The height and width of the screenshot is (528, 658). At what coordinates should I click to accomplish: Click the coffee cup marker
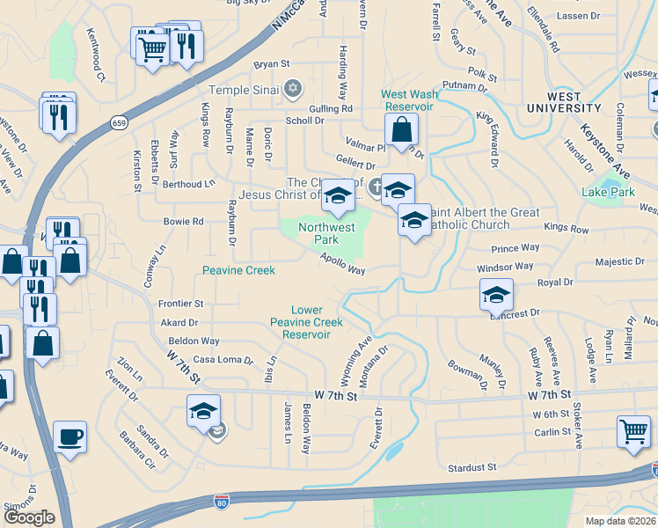pos(69,436)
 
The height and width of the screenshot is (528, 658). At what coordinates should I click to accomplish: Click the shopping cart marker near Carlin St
pos(633,431)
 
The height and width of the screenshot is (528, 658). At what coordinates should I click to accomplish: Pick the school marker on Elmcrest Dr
pos(496,295)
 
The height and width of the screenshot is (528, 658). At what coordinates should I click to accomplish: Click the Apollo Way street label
pos(343,264)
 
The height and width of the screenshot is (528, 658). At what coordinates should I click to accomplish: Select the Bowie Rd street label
pos(183,222)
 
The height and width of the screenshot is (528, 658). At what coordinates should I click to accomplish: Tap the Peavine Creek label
pos(238,270)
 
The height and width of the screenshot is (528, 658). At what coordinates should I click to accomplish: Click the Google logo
pos(29,518)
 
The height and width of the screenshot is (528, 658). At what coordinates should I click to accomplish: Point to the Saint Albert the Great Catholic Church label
pos(480,218)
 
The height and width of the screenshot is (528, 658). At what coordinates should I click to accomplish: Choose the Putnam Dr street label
pos(464,85)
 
